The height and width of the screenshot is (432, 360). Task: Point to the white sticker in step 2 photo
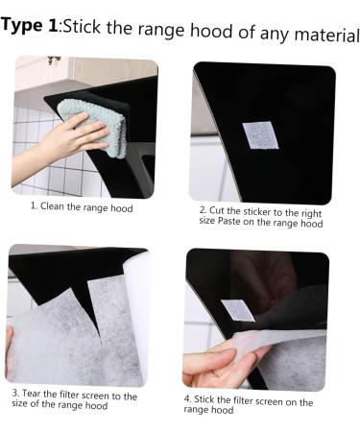pos(259,135)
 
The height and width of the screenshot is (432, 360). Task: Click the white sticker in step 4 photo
pos(237,310)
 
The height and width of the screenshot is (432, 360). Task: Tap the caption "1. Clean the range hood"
pos(82,206)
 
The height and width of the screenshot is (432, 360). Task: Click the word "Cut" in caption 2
pos(222,210)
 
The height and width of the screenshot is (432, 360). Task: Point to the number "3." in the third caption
pos(16,394)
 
